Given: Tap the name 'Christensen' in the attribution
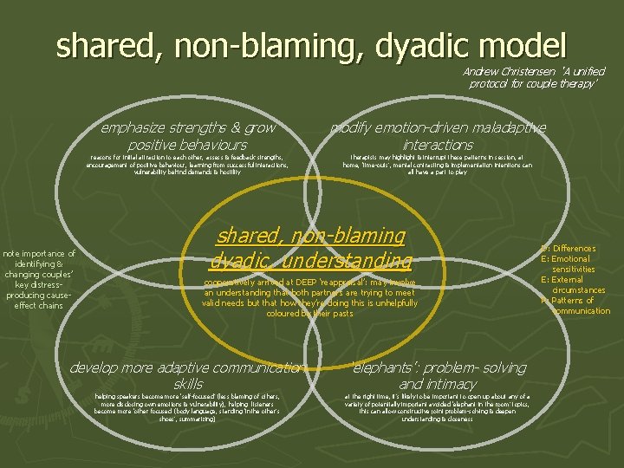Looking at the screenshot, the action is (536, 71).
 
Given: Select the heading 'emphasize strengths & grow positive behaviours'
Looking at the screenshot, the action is (188, 136).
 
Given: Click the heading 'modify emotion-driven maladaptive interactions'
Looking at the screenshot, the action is (438, 136).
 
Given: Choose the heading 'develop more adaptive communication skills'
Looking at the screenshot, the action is (188, 375).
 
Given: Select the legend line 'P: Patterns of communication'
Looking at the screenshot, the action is (577, 306).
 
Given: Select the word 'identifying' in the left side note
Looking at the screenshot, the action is (40, 264).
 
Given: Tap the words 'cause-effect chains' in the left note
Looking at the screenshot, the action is (40, 301).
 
